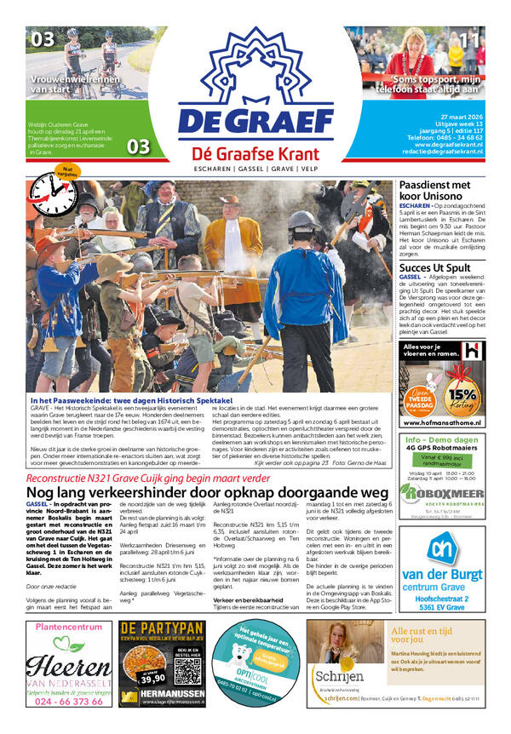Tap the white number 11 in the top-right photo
click(469, 39)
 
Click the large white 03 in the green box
click(138, 146)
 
